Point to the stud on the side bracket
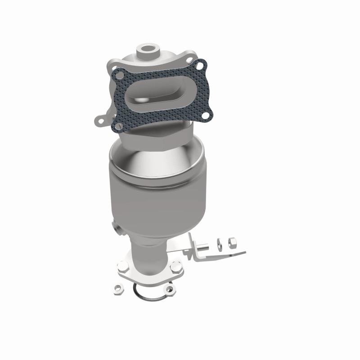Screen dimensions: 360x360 (x=203, y=246)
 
